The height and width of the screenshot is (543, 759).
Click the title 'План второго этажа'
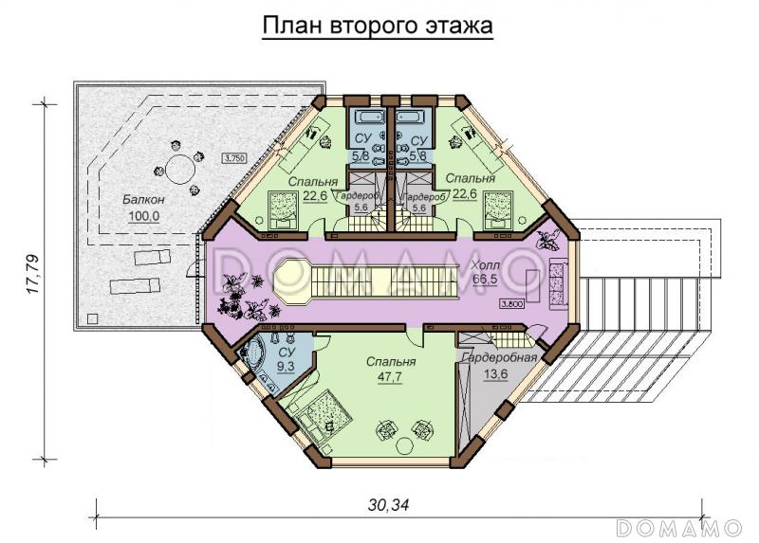click(378, 27)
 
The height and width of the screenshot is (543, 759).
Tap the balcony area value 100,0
click(144, 216)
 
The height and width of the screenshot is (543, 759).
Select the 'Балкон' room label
click(144, 200)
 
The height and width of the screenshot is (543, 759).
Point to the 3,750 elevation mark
click(235, 158)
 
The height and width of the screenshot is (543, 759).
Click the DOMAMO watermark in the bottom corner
click(676, 527)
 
